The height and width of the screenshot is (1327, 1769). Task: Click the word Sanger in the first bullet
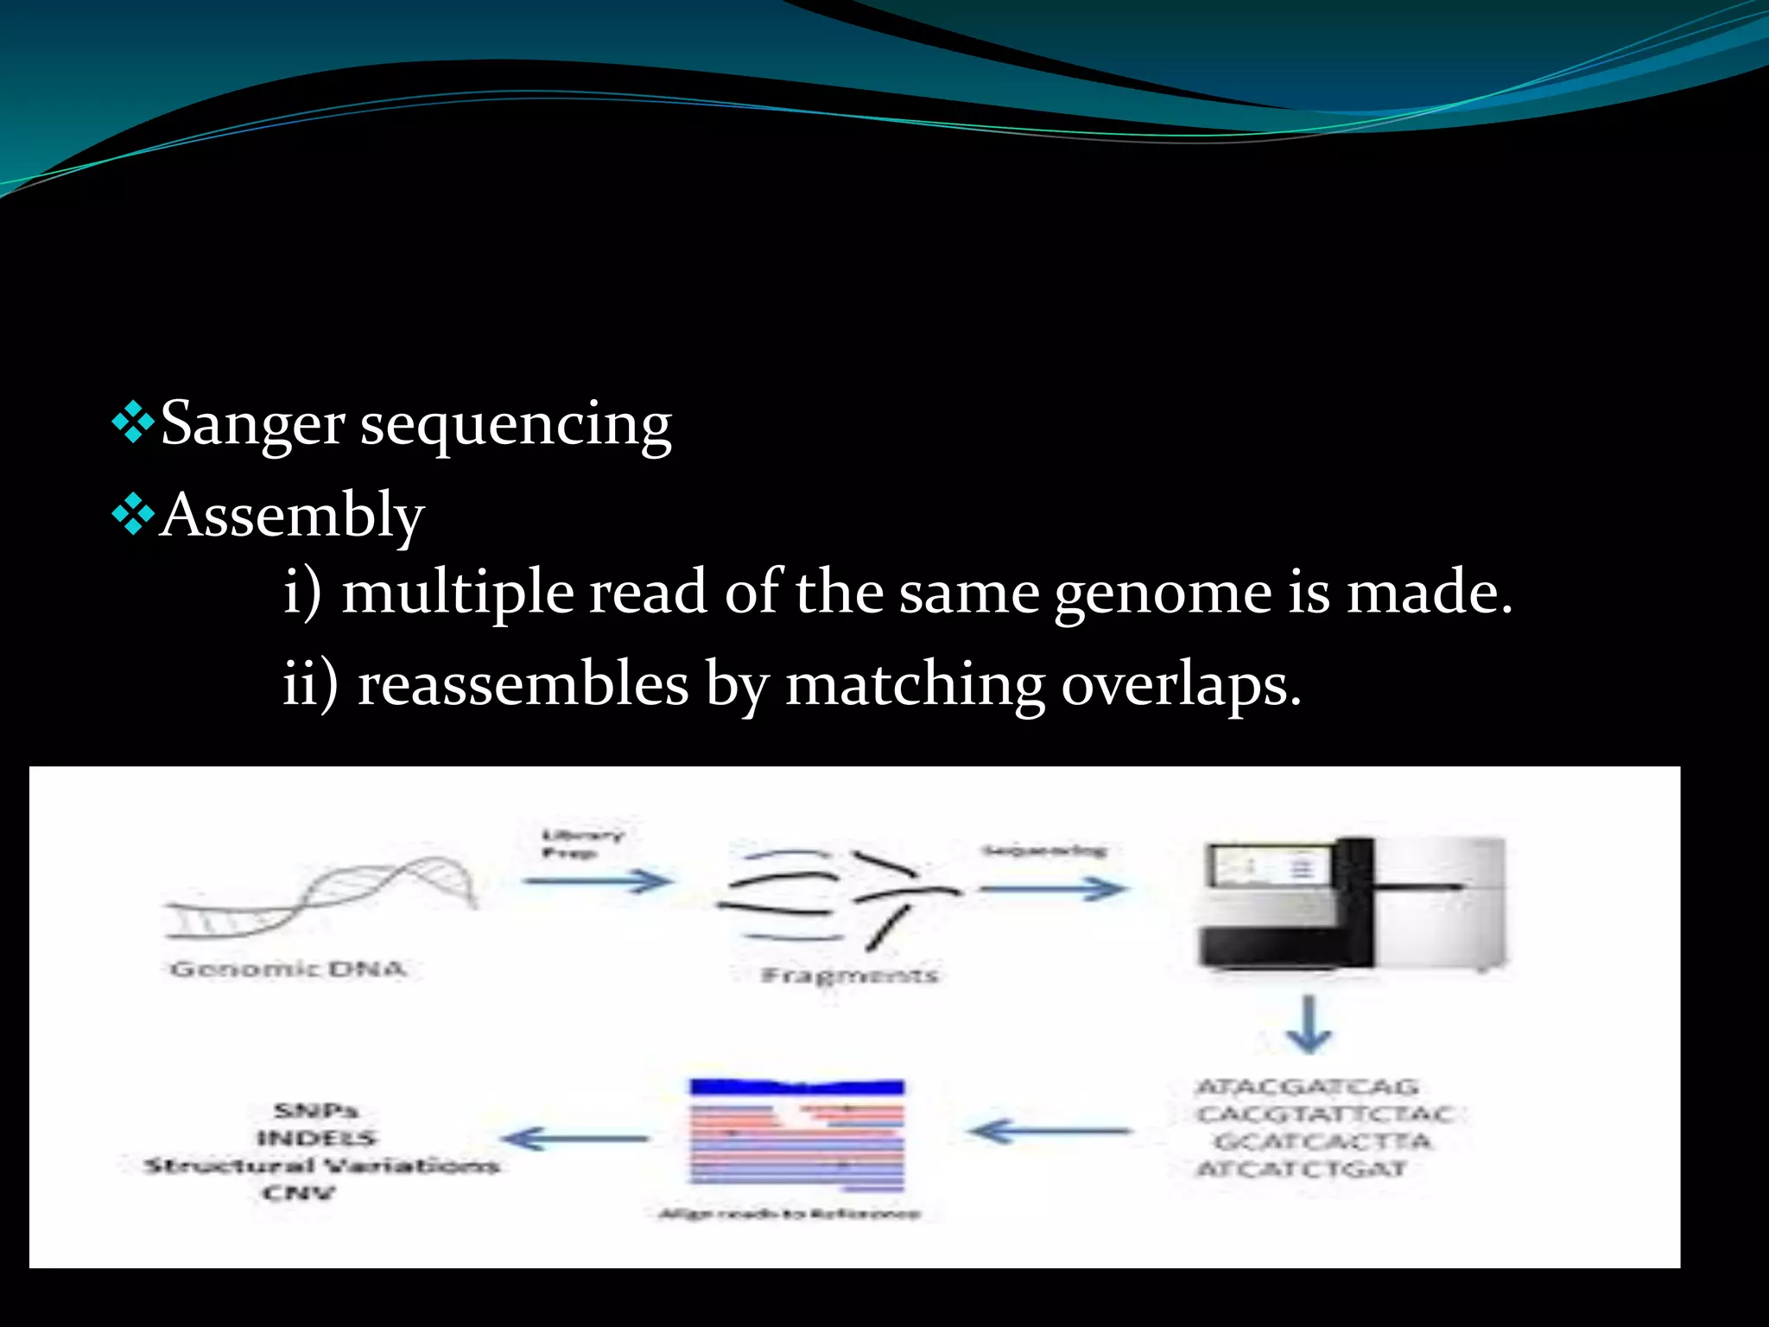coord(252,425)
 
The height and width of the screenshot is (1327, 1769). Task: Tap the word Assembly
coord(292,516)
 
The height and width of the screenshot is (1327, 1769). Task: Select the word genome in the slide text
coord(1163,594)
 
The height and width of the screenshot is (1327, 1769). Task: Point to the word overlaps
coord(1180,685)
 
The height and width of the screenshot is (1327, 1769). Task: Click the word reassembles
coord(523,685)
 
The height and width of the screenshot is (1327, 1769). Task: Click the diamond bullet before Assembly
coord(133,517)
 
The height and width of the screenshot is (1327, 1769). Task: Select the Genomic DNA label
coord(288,968)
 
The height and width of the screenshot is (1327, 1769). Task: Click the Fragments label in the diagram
coord(849,975)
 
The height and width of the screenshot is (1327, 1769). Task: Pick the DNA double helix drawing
coord(320,898)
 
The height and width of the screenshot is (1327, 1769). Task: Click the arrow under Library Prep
coord(598,881)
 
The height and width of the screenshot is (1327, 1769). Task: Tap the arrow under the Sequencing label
coord(1052,888)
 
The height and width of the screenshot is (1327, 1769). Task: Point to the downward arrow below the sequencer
coord(1309,1025)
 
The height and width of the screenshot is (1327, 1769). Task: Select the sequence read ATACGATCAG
coord(1307,1087)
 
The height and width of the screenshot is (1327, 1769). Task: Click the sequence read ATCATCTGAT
coord(1301,1169)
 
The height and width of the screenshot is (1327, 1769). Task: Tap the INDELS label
coord(317,1138)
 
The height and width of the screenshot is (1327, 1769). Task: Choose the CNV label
coord(298,1193)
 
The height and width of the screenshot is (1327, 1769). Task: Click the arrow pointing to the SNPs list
coord(575,1138)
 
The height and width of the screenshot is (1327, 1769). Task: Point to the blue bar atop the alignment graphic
coord(796,1087)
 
